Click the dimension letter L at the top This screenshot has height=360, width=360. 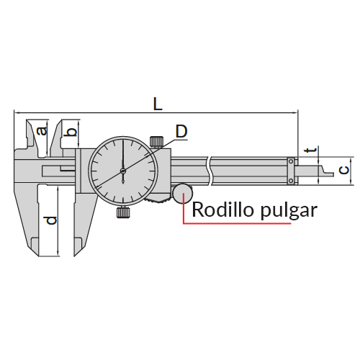tap(158, 104)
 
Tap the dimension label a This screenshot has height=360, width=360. tap(42, 131)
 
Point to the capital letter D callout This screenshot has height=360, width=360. tap(181, 131)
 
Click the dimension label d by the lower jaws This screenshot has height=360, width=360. tap(51, 220)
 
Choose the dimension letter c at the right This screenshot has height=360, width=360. tap(344, 170)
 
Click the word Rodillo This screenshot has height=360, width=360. tap(222, 210)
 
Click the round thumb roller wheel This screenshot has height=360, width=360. tap(182, 193)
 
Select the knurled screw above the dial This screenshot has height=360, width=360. tap(156, 141)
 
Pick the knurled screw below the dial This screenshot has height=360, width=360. tap(123, 212)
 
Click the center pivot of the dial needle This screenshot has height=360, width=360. tap(123, 171)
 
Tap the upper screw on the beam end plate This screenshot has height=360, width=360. tap(291, 161)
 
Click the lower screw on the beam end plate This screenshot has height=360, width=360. tap(291, 181)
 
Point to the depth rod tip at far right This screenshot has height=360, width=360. tap(333, 174)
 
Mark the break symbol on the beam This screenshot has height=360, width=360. tap(209, 171)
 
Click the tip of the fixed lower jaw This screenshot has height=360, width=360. tap(39, 256)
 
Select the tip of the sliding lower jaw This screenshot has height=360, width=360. tap(74, 256)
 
